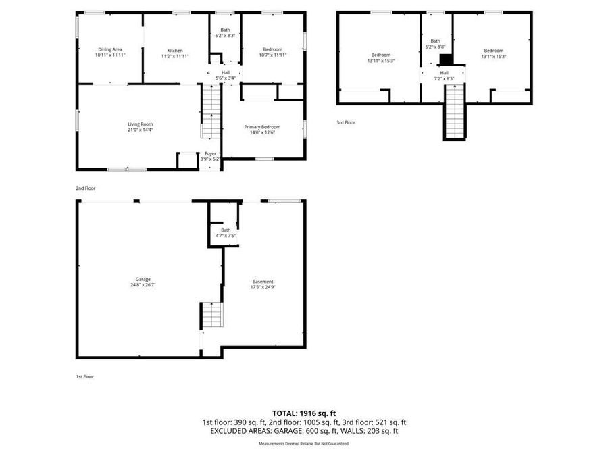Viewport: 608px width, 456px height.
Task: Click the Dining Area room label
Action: tap(110, 49)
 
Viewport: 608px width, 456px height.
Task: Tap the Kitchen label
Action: tap(175, 50)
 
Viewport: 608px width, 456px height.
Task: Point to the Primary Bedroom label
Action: tap(262, 127)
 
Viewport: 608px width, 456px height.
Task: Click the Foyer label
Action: tap(211, 154)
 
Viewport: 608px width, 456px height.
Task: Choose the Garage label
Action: tap(143, 279)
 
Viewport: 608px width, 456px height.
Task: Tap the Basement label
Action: tap(263, 282)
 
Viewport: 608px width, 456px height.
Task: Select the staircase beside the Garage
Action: tap(211, 315)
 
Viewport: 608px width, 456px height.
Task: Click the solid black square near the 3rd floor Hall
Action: tap(445, 59)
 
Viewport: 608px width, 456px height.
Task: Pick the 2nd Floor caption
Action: tap(86, 188)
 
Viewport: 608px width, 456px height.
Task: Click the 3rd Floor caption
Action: tap(346, 122)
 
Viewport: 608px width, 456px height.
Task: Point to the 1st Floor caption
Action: tap(85, 376)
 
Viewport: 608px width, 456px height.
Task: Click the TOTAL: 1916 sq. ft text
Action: tap(304, 413)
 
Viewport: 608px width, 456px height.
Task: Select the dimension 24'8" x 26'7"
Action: tap(143, 285)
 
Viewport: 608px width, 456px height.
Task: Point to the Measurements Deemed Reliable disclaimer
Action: tap(304, 444)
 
